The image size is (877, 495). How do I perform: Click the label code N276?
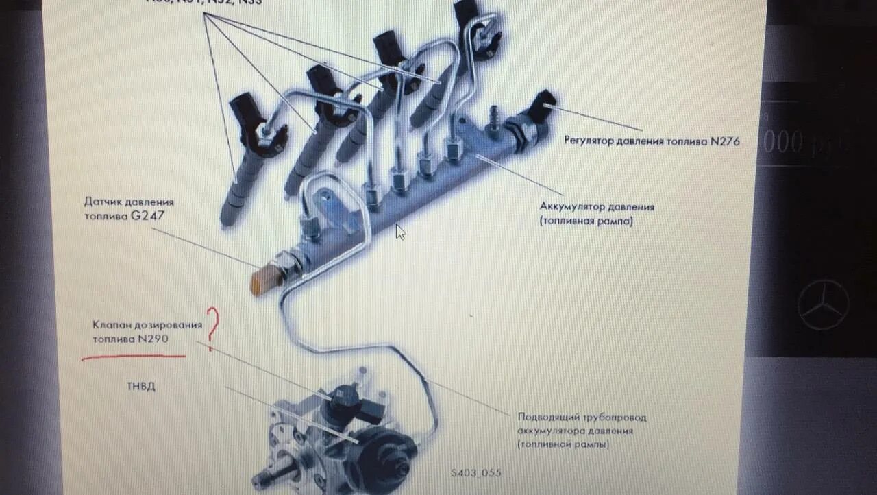click(x=725, y=141)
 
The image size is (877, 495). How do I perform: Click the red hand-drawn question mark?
click(x=213, y=325)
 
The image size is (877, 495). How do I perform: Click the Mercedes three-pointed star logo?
click(x=823, y=305)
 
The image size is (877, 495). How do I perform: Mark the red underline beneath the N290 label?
click(x=134, y=357)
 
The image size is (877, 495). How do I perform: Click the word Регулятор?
click(x=589, y=142)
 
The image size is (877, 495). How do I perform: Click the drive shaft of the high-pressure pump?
click(x=267, y=476)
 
